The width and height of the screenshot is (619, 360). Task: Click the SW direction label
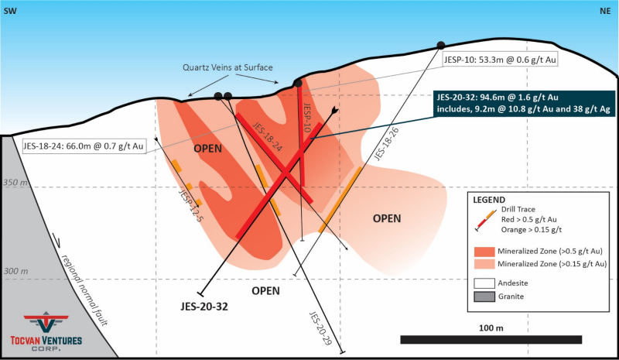click(x=10, y=11)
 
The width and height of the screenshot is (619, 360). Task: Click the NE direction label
click(x=605, y=11)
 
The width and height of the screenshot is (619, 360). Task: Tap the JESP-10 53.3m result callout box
click(x=500, y=60)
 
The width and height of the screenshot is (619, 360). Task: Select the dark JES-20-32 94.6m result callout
click(x=524, y=103)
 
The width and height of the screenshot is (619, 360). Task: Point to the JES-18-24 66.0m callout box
click(x=84, y=146)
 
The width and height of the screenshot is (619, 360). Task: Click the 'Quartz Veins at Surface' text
click(x=227, y=67)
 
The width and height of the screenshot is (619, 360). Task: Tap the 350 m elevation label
click(x=15, y=183)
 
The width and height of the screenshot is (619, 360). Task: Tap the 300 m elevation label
click(x=15, y=271)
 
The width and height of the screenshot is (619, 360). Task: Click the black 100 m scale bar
click(x=491, y=339)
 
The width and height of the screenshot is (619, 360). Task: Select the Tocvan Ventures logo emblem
click(x=46, y=321)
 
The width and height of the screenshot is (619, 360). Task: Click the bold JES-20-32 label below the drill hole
click(x=204, y=307)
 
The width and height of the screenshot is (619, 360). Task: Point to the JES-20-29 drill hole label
click(x=320, y=329)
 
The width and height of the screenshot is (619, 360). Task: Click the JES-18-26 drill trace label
click(x=386, y=144)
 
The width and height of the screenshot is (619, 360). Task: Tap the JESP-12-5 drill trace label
click(x=191, y=205)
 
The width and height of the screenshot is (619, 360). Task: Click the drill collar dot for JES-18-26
click(x=440, y=46)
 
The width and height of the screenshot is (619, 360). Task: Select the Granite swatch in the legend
click(x=484, y=297)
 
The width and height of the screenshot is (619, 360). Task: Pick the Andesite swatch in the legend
click(x=484, y=283)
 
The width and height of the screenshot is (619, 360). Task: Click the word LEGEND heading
click(x=489, y=200)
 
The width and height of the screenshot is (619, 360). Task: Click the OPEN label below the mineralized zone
click(x=265, y=291)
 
